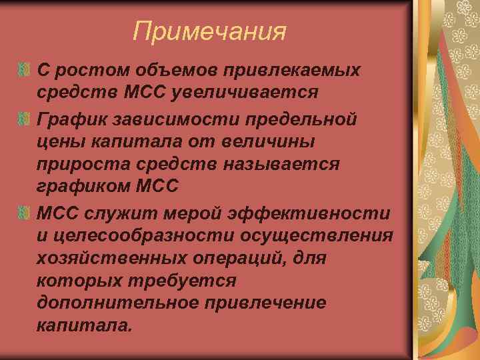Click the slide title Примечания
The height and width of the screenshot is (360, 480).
[209, 31]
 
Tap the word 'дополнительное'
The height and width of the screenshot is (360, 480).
[119, 302]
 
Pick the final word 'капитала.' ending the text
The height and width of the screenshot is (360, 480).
[85, 325]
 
